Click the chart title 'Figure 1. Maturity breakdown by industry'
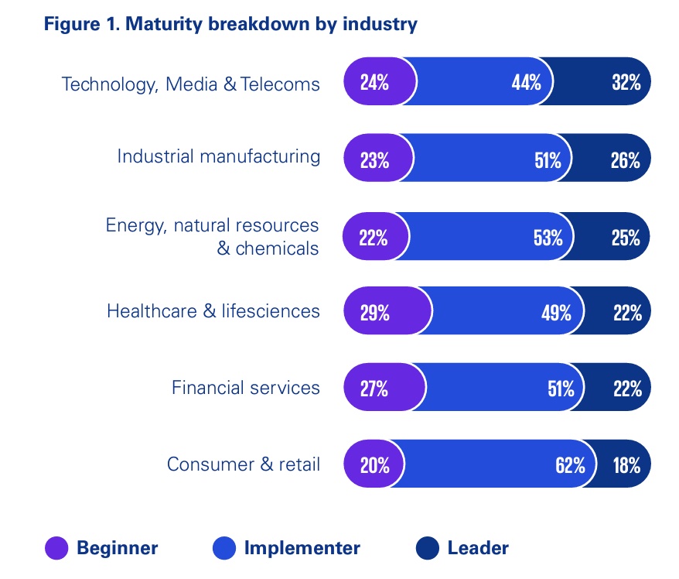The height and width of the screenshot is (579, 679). point(230,25)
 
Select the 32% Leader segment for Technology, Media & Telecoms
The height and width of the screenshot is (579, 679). point(611,81)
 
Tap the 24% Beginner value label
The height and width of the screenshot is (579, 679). point(374,82)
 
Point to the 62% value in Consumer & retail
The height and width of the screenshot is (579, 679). point(570,465)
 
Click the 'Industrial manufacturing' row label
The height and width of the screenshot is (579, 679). point(218,156)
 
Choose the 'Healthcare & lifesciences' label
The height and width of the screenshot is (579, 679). point(213,311)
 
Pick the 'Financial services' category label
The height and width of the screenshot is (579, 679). point(245,387)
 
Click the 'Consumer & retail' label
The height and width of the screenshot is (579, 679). point(243,464)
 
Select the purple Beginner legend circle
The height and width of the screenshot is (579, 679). point(57,549)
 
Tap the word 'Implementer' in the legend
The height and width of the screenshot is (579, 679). point(302,549)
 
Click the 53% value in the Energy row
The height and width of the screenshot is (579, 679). point(548,238)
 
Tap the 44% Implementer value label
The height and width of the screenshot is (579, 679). point(526,82)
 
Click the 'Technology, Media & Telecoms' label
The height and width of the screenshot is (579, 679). point(190,84)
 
